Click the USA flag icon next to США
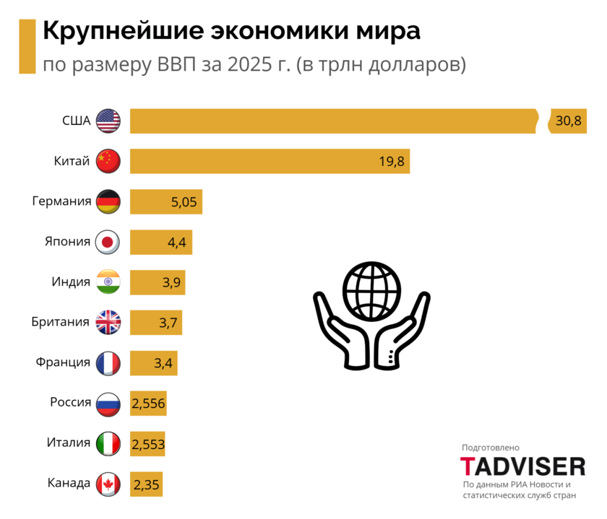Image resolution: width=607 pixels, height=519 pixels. (108, 121)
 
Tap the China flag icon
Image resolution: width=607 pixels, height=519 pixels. (108, 160)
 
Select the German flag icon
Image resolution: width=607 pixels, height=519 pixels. (108, 201)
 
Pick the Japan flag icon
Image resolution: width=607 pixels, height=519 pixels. (108, 241)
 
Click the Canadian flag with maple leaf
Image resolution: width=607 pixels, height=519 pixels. (108, 483)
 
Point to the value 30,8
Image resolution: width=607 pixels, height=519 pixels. (569, 121)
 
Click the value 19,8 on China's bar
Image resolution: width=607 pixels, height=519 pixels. (391, 161)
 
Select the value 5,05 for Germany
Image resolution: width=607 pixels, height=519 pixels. (184, 201)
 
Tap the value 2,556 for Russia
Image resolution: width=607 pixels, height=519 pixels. (149, 404)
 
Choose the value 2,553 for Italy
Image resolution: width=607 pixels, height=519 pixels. (149, 444)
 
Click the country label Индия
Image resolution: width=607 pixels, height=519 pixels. (71, 282)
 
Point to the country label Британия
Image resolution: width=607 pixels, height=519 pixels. (61, 322)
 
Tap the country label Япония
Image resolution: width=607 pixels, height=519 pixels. (67, 241)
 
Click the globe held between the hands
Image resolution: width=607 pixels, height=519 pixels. (372, 288)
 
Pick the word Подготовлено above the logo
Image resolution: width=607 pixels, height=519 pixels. (491, 448)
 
